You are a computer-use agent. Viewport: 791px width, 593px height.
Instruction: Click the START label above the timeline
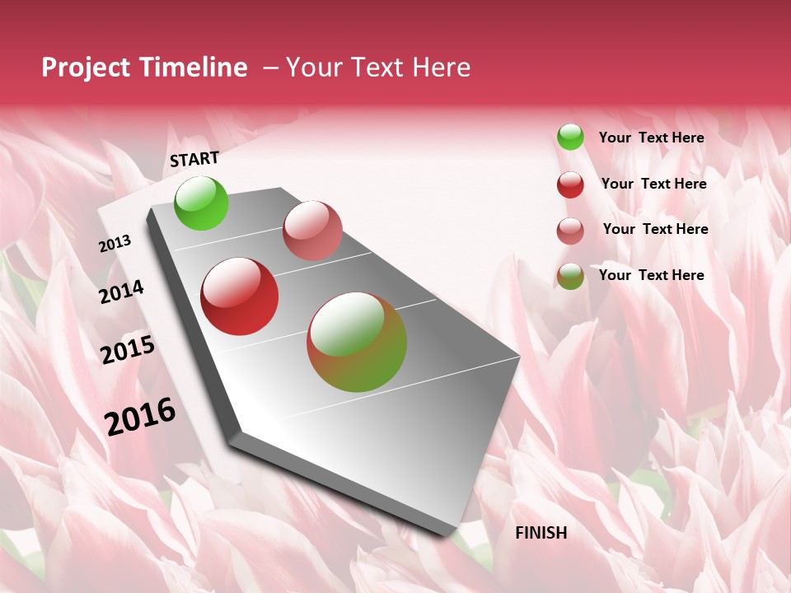[194, 159]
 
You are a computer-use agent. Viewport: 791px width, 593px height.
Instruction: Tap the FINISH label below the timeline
[541, 533]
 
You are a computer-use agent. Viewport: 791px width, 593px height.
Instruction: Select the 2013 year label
[115, 244]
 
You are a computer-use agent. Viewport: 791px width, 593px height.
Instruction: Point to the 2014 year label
[122, 292]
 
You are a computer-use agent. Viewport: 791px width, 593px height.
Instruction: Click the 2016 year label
[140, 417]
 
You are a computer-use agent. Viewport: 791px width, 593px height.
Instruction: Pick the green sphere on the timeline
[202, 203]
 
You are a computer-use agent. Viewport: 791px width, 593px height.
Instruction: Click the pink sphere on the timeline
[312, 231]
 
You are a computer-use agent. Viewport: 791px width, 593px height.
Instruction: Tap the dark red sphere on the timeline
[240, 296]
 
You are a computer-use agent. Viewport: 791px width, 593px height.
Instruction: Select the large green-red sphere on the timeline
[357, 342]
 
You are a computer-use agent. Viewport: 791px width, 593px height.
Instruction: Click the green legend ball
[570, 138]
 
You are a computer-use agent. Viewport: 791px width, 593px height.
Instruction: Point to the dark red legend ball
[570, 184]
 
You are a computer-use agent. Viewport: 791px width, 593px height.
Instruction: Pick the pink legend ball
[570, 231]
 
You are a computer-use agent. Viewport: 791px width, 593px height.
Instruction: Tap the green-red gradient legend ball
[570, 276]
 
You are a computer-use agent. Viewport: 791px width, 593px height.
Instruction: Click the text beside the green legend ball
[652, 138]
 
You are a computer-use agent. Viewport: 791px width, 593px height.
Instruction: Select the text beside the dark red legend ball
[654, 184]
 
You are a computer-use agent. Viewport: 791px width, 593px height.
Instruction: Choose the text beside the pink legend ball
[656, 229]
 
